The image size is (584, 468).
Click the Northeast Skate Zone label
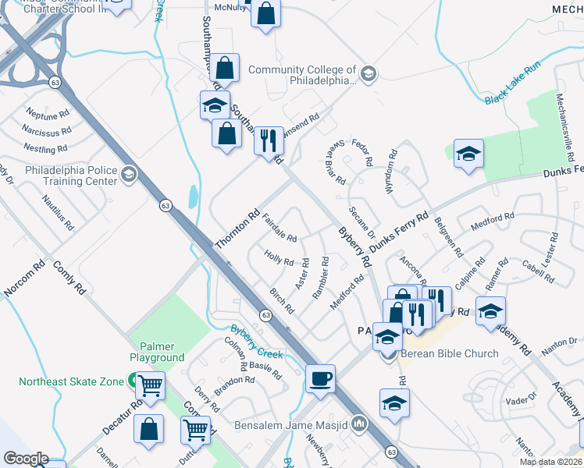[72, 381]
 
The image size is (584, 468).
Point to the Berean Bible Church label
[449, 353]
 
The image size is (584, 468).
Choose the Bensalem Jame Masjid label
[291, 426]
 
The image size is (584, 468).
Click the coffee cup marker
[320, 379]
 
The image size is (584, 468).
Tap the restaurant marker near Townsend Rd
[269, 141]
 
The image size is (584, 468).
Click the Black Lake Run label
[512, 94]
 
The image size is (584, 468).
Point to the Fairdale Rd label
[279, 228]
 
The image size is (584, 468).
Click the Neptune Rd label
[48, 113]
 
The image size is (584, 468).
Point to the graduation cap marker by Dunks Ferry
[468, 153]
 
